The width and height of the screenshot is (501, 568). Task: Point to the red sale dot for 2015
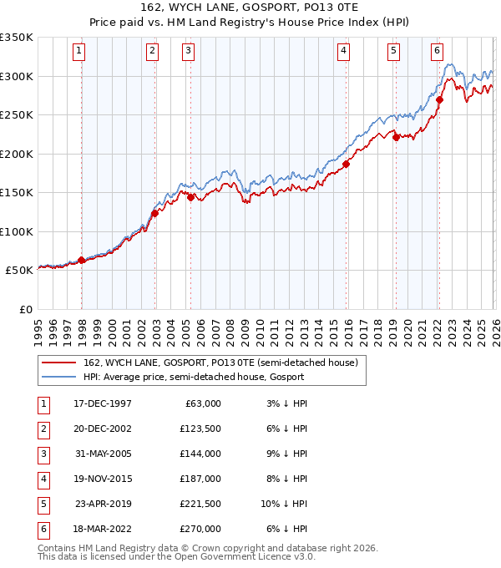point(346,164)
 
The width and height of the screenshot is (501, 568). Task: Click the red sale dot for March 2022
point(439,99)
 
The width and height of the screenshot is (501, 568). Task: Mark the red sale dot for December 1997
point(81,260)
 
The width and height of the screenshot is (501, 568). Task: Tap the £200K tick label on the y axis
point(17,154)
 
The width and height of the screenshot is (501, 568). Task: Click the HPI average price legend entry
point(193,378)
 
